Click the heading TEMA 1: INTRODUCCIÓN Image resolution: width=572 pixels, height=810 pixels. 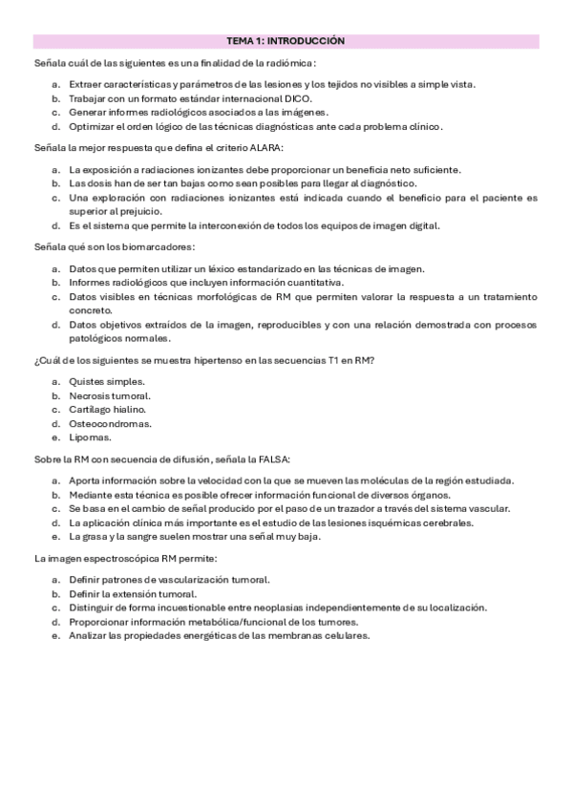[x=286, y=42]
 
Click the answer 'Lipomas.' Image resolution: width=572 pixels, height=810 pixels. [x=90, y=437]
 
